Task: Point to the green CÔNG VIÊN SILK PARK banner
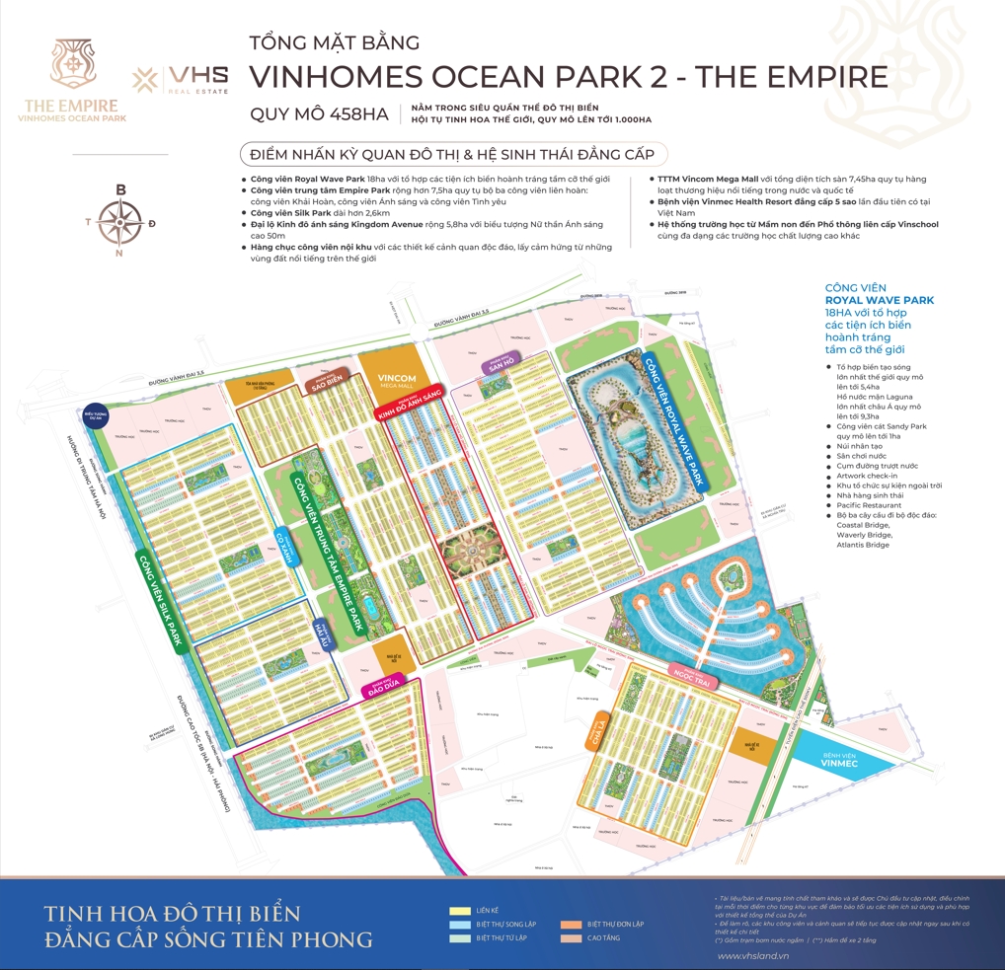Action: coord(161,600)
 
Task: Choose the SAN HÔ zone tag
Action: coord(496,364)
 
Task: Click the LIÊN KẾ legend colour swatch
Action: coord(459,911)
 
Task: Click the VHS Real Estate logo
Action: coord(181,79)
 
